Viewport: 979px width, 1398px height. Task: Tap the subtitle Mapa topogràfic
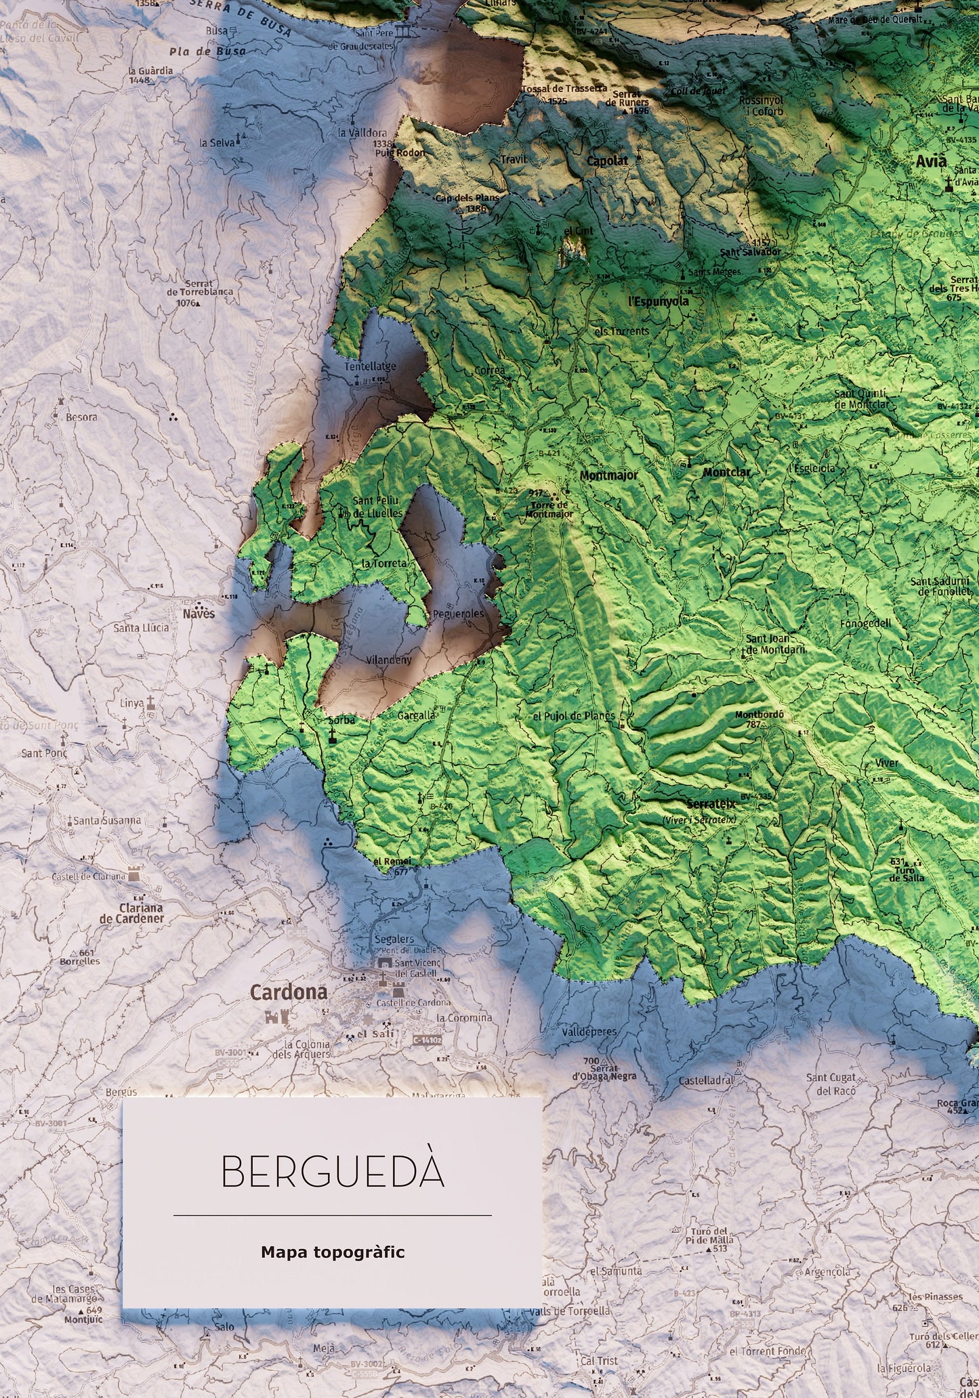tap(332, 1252)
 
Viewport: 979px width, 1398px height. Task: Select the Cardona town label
tap(289, 992)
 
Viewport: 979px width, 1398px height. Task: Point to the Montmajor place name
tap(608, 475)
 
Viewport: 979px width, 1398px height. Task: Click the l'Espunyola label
tap(659, 301)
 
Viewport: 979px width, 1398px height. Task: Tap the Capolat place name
tap(607, 161)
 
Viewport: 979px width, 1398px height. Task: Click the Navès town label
tap(199, 614)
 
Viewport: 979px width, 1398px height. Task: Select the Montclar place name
tap(727, 472)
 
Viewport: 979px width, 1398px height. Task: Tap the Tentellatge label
tap(370, 366)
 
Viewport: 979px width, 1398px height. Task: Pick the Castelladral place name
tap(706, 1080)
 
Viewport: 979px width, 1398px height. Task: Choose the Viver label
tap(887, 763)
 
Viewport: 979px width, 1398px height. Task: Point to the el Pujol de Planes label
tap(574, 716)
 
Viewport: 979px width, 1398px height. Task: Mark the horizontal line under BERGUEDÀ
tap(332, 1215)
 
